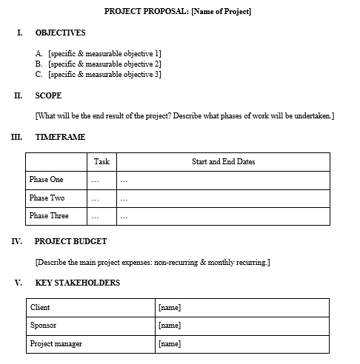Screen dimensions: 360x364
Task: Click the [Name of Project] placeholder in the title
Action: coord(221,11)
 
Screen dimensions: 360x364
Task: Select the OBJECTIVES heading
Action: coord(60,33)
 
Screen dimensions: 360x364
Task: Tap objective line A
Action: coord(99,54)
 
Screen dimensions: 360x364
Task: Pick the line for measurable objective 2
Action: coord(99,64)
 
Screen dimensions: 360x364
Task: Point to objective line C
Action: coord(99,75)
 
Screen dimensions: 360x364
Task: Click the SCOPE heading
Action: coord(48,95)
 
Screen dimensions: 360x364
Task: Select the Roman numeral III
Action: coord(17,137)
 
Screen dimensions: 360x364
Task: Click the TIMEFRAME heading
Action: coord(60,137)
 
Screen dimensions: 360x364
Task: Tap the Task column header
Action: coord(101,161)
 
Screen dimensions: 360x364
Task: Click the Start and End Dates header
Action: coord(223,161)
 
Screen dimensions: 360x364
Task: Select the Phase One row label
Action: coord(47,180)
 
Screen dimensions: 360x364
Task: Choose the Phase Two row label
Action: coord(47,198)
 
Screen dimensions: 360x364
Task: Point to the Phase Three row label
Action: coord(49,216)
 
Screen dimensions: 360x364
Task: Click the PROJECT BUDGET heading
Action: coord(70,241)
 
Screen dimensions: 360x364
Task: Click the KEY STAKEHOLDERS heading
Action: coord(77,283)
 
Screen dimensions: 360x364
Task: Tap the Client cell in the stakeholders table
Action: coord(40,308)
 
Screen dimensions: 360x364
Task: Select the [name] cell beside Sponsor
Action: coord(170,326)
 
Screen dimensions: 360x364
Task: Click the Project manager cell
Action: coord(56,344)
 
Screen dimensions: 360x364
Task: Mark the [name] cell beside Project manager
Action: coord(170,344)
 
